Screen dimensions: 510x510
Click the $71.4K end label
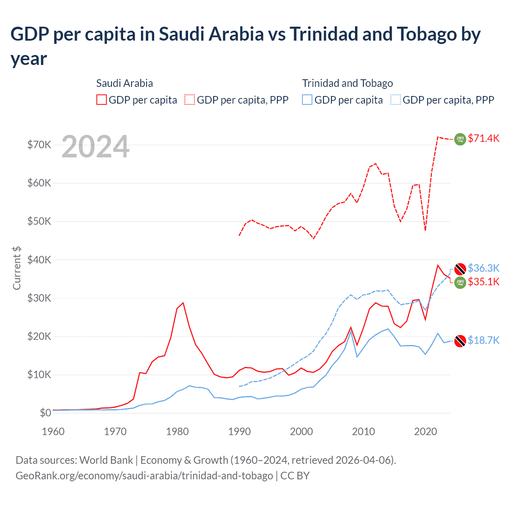tap(483, 138)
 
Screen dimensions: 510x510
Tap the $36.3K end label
tap(483, 268)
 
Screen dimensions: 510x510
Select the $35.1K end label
tap(483, 282)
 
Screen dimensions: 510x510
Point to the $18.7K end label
tap(483, 340)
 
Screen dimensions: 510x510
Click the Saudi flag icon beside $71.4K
tap(460, 139)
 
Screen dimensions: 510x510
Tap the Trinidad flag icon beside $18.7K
tap(460, 341)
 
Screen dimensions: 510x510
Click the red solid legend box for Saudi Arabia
tap(102, 100)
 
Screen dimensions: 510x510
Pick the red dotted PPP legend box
tap(190, 100)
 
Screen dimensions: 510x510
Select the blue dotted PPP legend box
tap(396, 100)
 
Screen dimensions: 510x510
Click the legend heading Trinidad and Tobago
tap(347, 83)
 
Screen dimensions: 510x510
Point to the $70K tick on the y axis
tap(39, 145)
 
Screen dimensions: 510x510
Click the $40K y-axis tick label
tap(39, 260)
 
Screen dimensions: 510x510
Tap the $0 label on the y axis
tap(45, 413)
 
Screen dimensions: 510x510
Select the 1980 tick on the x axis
tap(177, 432)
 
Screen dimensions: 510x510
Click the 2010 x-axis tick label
tap(363, 432)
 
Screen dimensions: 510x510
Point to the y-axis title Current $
tap(17, 268)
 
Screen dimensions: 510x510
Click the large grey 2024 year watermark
tap(96, 147)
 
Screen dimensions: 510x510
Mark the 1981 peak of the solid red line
tap(183, 303)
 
